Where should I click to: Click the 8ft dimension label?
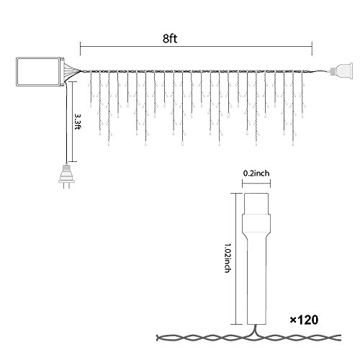pyautogui.click(x=170, y=38)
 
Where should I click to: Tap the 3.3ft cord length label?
pyautogui.click(x=77, y=122)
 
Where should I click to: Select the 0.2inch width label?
pyautogui.click(x=256, y=173)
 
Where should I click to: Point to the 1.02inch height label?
pyautogui.click(x=227, y=258)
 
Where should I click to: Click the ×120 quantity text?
pyautogui.click(x=305, y=320)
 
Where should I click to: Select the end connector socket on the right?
pyautogui.click(x=341, y=71)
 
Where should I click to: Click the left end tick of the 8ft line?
pyautogui.click(x=80, y=48)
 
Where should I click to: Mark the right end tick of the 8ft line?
pyautogui.click(x=312, y=48)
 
